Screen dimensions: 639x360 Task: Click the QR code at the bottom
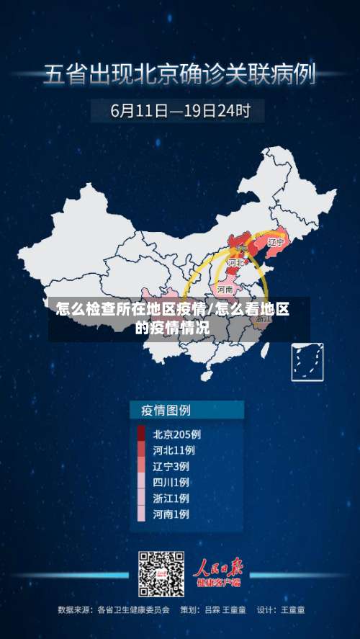click(x=161, y=574)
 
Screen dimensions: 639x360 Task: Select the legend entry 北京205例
click(x=176, y=434)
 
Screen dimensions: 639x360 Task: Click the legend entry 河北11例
click(x=174, y=450)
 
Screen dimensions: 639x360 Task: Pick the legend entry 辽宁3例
click(x=171, y=466)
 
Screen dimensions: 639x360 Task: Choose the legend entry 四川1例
click(x=171, y=482)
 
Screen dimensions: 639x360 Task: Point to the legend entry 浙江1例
click(x=171, y=498)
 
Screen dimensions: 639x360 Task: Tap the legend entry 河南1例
click(x=171, y=514)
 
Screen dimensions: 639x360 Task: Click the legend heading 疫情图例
click(x=161, y=410)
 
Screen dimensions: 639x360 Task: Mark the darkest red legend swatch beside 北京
click(x=141, y=434)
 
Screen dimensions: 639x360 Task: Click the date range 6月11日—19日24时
click(x=181, y=111)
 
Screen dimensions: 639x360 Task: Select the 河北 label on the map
click(x=236, y=263)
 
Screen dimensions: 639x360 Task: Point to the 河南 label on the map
click(x=225, y=289)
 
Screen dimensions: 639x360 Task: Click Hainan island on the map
click(x=208, y=375)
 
